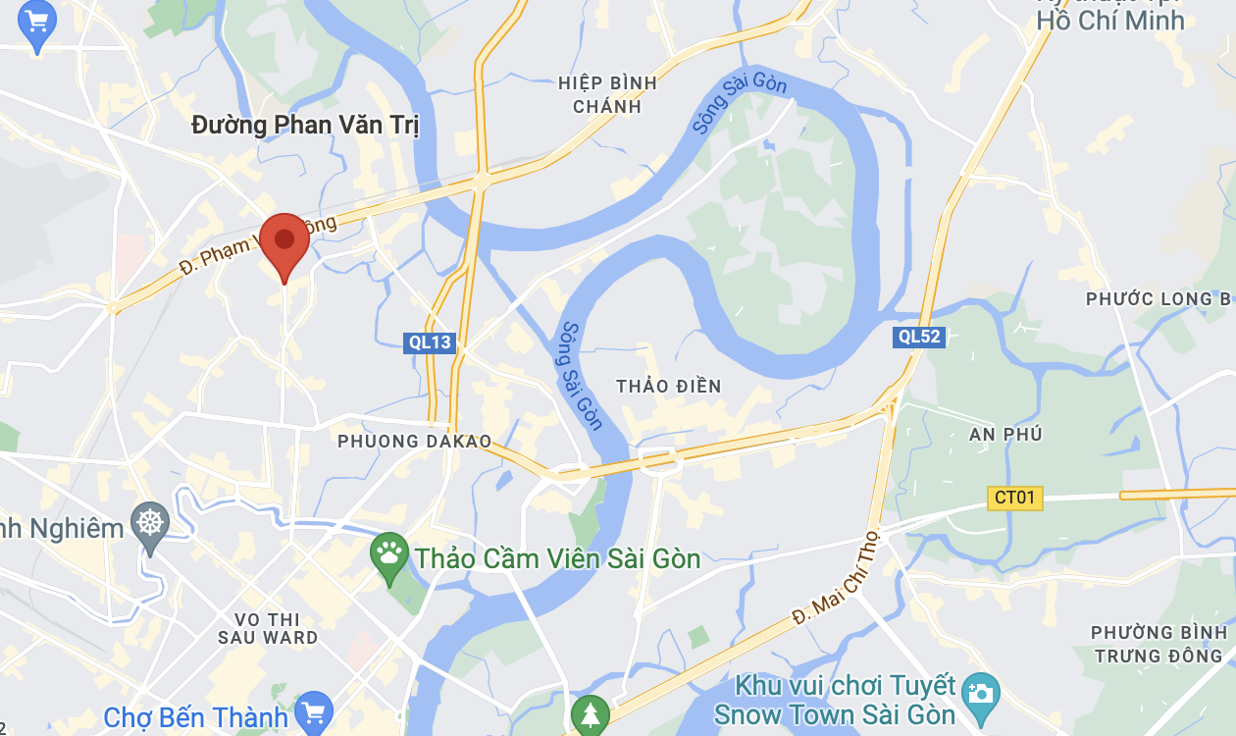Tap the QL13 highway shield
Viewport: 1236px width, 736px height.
pos(430,342)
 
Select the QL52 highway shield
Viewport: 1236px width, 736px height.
pos(919,337)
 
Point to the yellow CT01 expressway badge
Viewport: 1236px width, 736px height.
pos(1014,498)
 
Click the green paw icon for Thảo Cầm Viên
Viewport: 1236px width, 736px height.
pos(389,555)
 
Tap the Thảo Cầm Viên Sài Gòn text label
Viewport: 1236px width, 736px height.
pos(557,559)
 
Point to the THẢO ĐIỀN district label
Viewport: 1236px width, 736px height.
pos(669,386)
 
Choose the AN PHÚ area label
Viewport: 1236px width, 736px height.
pos(1005,434)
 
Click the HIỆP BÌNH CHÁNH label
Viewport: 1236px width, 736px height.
pos(607,94)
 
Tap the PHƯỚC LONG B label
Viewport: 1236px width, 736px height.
pos(1158,298)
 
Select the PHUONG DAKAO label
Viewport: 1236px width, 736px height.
pos(414,442)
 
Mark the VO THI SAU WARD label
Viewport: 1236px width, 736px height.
pos(269,628)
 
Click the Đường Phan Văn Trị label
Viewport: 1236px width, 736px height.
pos(305,126)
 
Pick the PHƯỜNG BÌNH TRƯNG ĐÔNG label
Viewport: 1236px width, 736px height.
pos(1159,644)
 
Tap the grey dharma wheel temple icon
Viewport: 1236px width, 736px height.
pos(149,522)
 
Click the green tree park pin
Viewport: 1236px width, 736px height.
pos(590,712)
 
